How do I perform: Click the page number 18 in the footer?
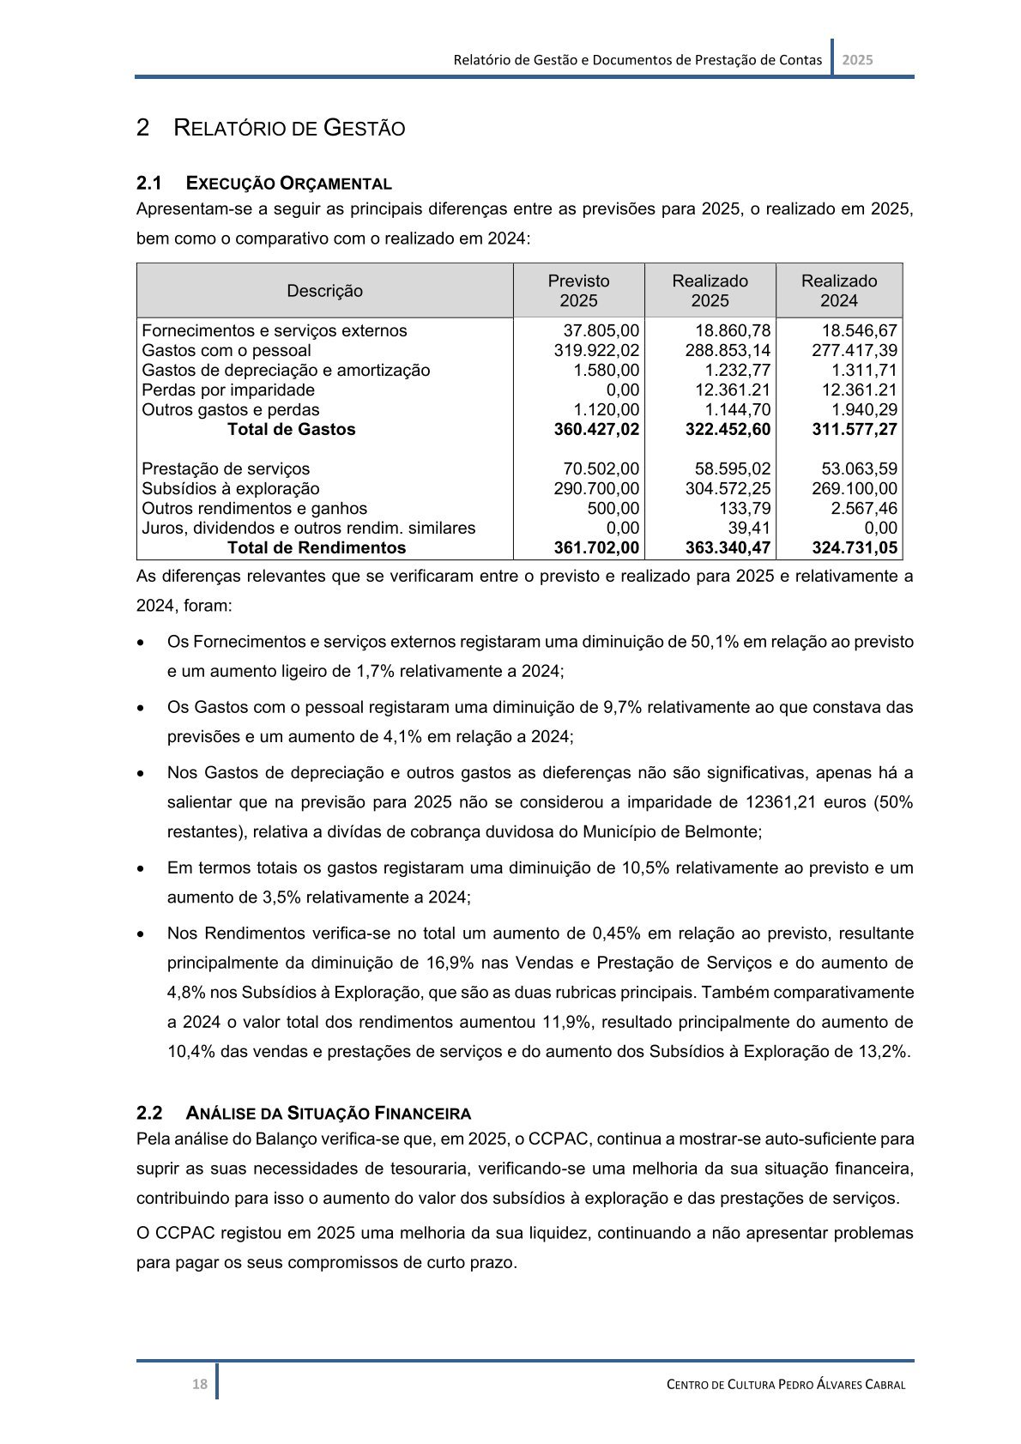(199, 1383)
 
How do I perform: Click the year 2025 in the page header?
(857, 60)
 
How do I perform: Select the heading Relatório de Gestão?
(289, 129)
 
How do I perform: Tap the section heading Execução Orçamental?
(288, 183)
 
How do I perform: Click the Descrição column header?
(324, 291)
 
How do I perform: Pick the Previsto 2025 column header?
(578, 291)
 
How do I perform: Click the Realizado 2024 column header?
(838, 291)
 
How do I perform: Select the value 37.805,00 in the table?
(601, 330)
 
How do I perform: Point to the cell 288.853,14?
(728, 350)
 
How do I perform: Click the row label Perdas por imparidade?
(228, 390)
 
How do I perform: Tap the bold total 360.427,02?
(596, 429)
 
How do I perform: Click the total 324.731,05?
(855, 547)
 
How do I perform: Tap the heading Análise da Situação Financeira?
(328, 1113)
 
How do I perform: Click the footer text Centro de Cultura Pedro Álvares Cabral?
(786, 1384)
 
